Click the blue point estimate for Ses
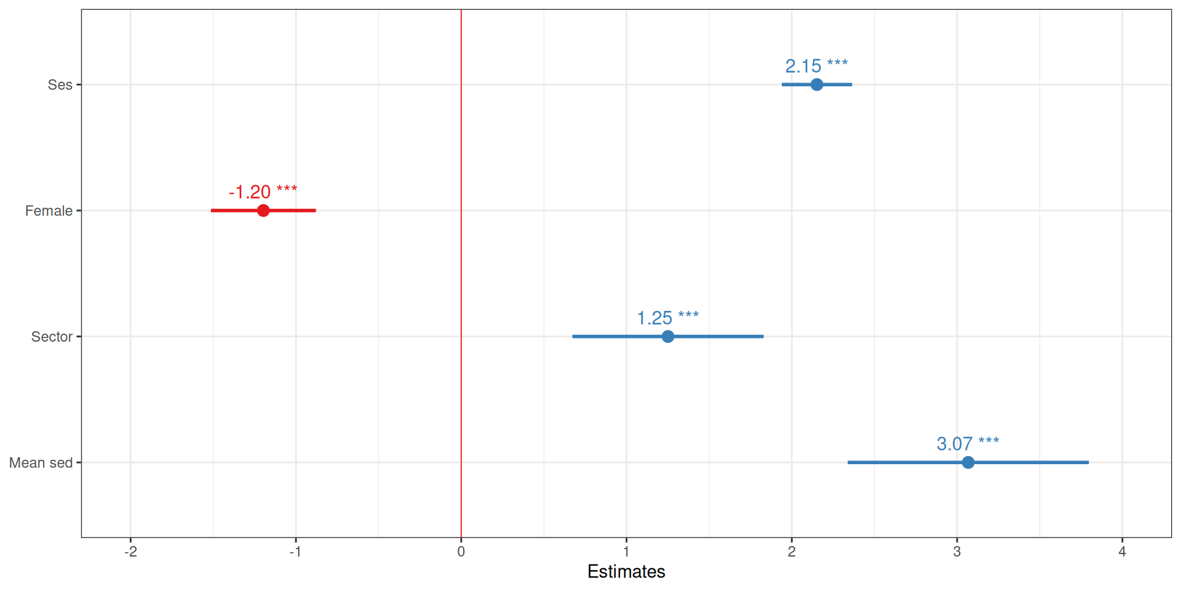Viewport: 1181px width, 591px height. click(x=816, y=84)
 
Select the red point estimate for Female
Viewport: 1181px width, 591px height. click(x=263, y=211)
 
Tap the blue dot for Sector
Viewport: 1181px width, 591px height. click(x=667, y=336)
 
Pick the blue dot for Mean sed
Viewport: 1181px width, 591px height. click(x=968, y=462)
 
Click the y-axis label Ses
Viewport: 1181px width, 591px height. click(x=60, y=85)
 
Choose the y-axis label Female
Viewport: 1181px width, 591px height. click(x=49, y=211)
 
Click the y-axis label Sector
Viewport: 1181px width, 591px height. click(x=52, y=337)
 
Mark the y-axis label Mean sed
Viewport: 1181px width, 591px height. click(x=41, y=463)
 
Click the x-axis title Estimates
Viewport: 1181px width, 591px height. click(x=626, y=571)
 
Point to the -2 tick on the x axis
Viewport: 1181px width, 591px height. click(x=130, y=552)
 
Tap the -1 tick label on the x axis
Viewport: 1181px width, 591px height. click(x=295, y=552)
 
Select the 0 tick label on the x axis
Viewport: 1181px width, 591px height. click(x=461, y=552)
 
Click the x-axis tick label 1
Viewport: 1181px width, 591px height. click(x=626, y=552)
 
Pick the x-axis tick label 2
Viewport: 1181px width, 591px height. click(x=792, y=552)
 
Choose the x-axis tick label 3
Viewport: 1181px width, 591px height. click(x=956, y=552)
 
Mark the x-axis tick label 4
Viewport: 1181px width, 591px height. click(x=1122, y=552)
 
